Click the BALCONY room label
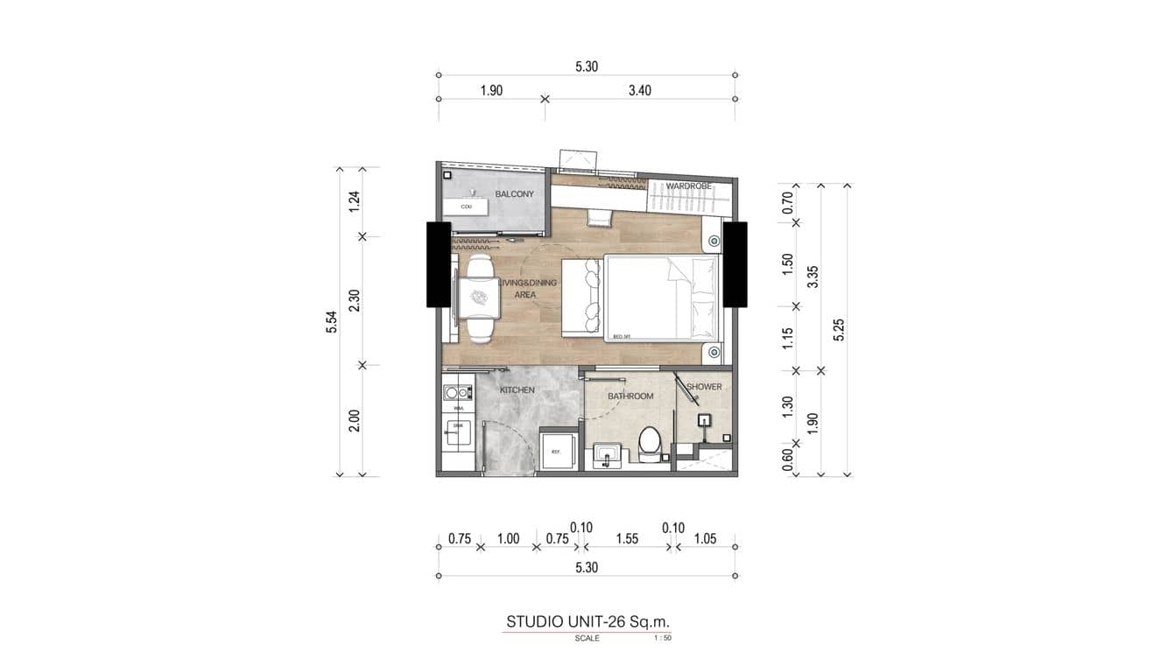(514, 193)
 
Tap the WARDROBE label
(687, 186)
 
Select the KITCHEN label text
(517, 390)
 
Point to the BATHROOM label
(630, 397)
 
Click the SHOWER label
(704, 387)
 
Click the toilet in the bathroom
(649, 443)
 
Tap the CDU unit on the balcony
(467, 207)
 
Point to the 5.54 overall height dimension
(332, 321)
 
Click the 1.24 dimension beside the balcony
(355, 201)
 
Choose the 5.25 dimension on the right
(840, 329)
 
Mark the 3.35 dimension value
(813, 277)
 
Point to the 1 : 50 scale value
(662, 638)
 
